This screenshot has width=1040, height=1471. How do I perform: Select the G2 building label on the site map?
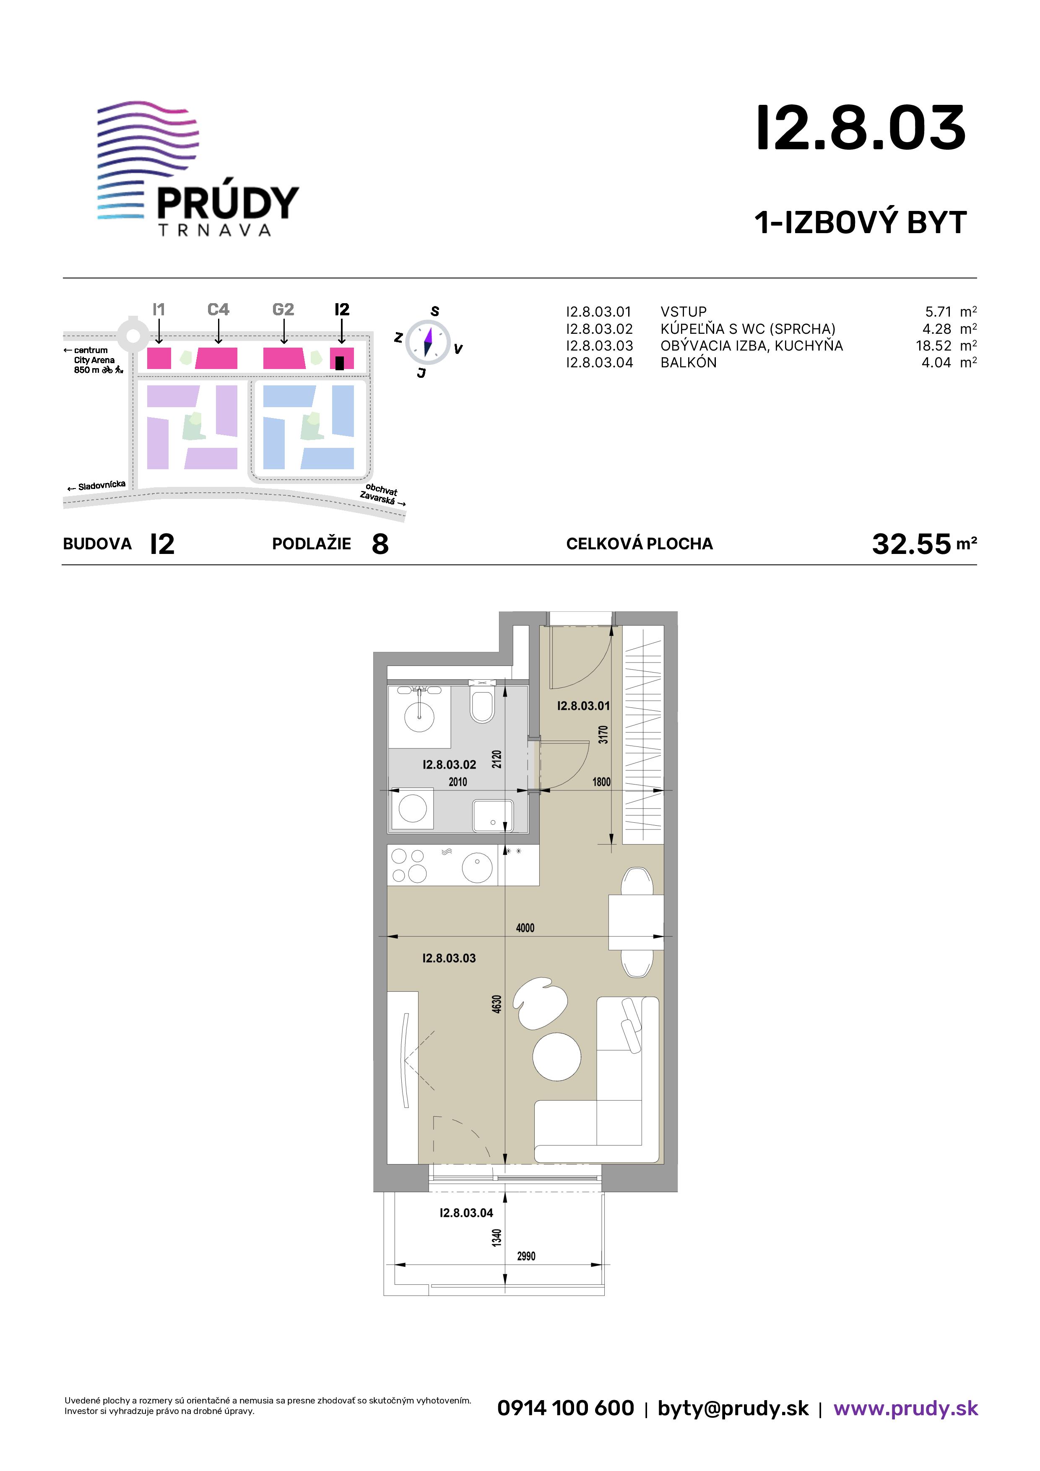coord(283,309)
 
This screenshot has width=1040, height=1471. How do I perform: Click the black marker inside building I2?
coord(340,363)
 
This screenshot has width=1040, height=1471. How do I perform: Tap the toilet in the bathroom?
coord(482,702)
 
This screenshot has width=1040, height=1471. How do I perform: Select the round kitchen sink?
coord(477,868)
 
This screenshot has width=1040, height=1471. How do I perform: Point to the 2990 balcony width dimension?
coord(526,1256)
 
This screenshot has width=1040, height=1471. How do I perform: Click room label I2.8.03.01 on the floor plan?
coord(583,706)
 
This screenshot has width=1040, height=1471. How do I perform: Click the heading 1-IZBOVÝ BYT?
coord(861,223)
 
